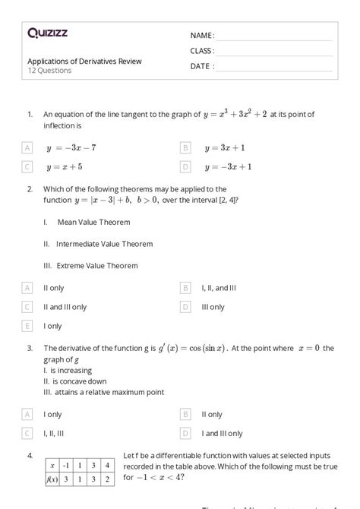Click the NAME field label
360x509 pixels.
[202, 36]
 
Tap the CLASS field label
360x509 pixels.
[202, 51]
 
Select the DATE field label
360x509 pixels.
[202, 66]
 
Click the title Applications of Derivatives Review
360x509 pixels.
[84, 61]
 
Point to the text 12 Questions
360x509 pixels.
[49, 71]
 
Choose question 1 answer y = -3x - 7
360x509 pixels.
[71, 147]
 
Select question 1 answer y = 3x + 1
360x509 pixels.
[224, 147]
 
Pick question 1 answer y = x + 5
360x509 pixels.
[65, 166]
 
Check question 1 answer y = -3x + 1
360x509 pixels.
[228, 166]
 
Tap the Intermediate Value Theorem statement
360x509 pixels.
[98, 244]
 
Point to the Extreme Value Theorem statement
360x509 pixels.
[91, 266]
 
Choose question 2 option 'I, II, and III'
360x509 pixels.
[219, 288]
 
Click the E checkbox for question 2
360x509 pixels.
[27, 326]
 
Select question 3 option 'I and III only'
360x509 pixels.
[222, 434]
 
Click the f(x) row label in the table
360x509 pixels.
[53, 480]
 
